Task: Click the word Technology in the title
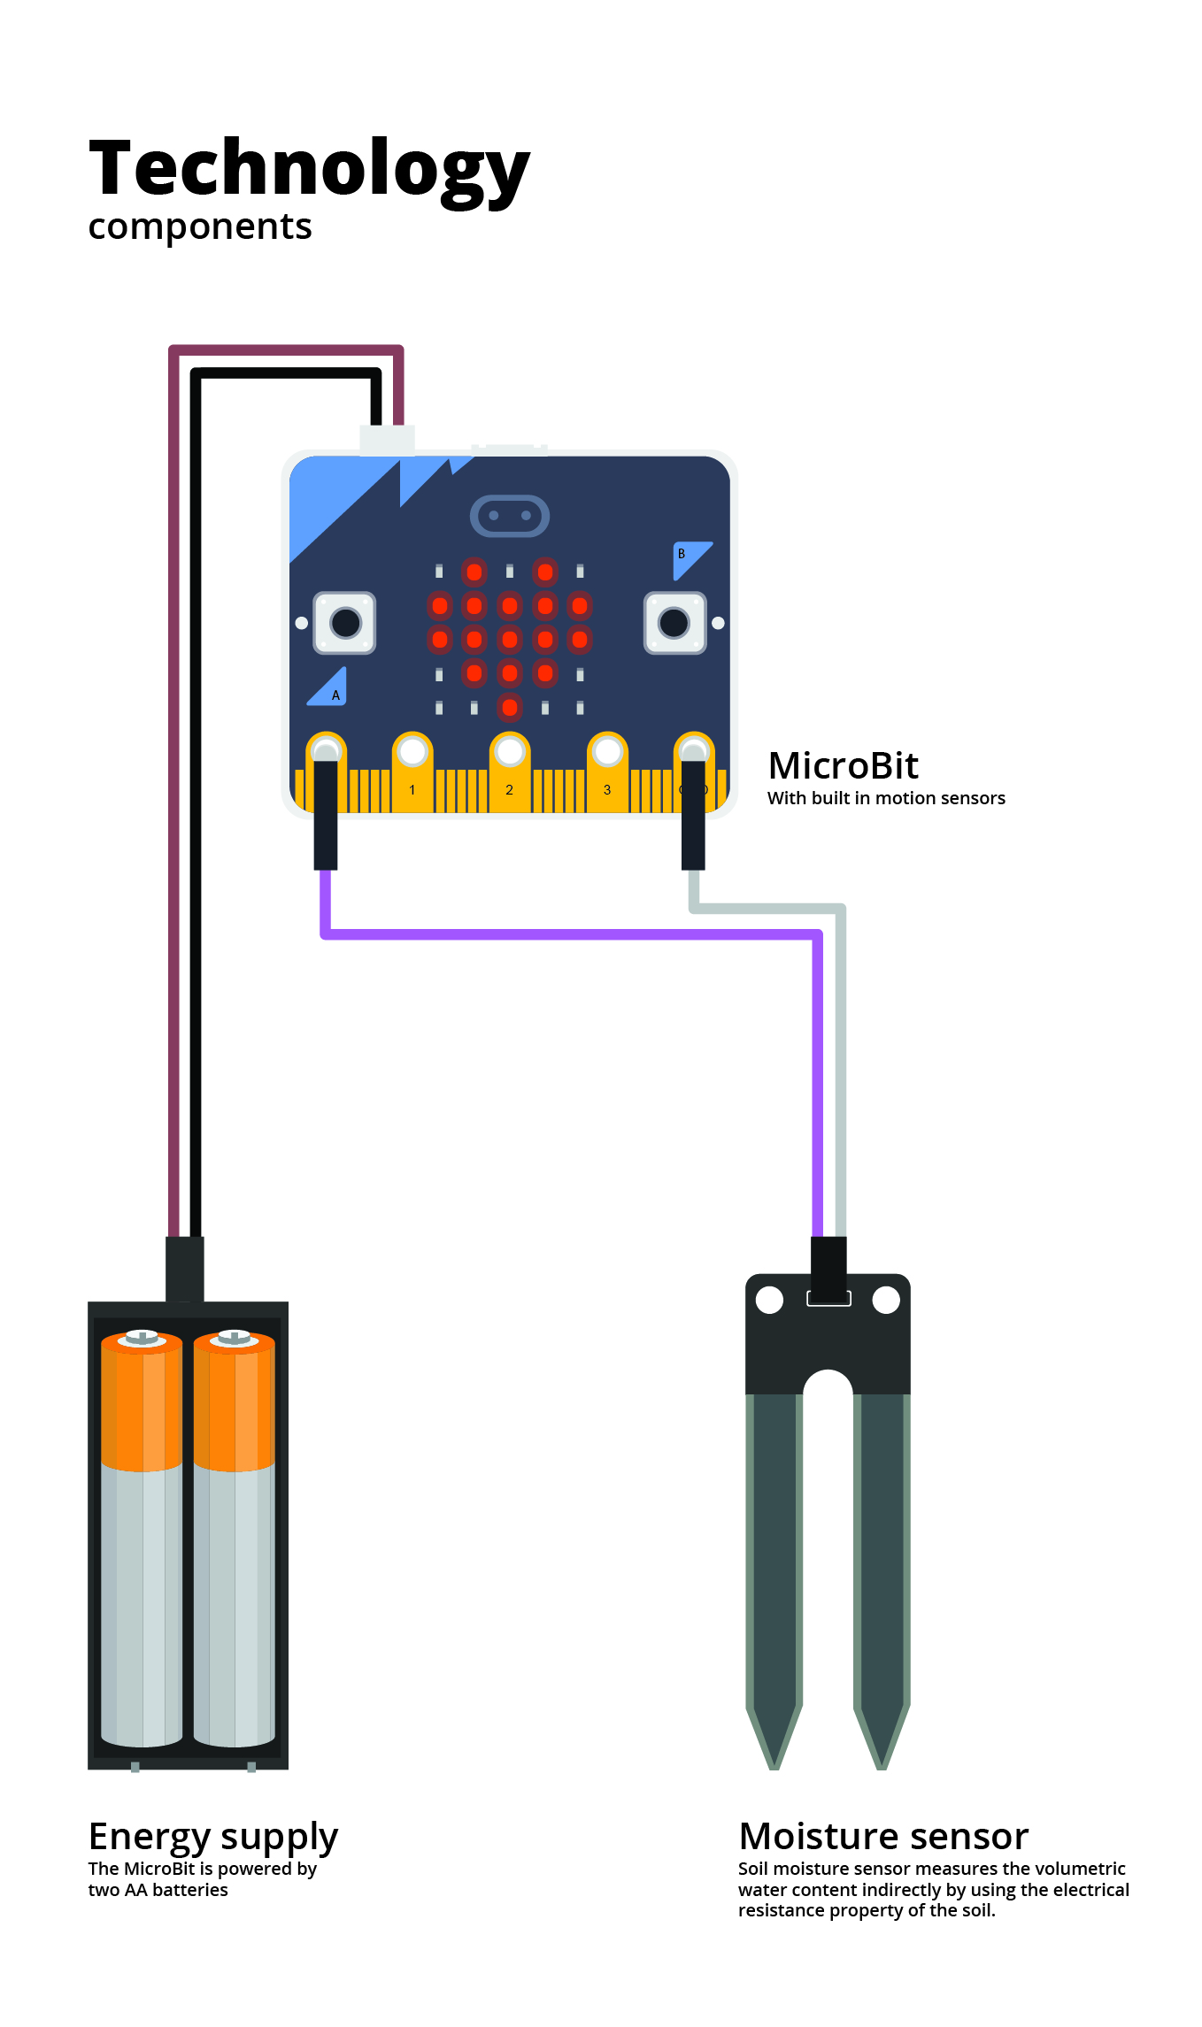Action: pos(309,170)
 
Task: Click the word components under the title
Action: pos(200,227)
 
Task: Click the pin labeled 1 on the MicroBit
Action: pos(412,770)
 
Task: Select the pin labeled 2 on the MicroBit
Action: pos(509,770)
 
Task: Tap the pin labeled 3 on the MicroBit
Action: pos(607,770)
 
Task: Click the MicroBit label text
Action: pos(843,766)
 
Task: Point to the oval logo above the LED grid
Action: pos(509,515)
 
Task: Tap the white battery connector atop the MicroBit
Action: pos(387,440)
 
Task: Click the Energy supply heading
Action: pos(213,1836)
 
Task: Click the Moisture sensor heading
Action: pos(883,1836)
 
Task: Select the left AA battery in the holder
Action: pos(142,1539)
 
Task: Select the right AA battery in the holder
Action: pos(235,1539)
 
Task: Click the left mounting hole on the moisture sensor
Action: pos(770,1300)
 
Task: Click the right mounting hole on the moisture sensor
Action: pos(886,1300)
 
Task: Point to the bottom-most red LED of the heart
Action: pos(509,707)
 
